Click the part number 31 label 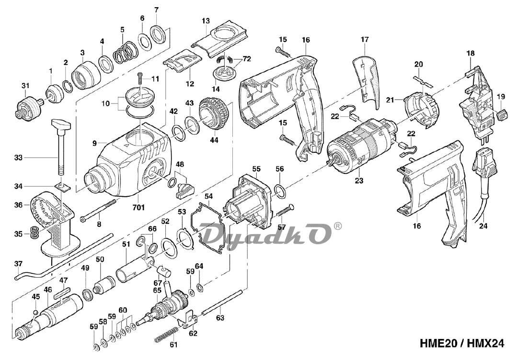(x=25, y=86)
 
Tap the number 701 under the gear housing (x=139, y=207)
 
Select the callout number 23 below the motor (x=359, y=180)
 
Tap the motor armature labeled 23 (x=359, y=144)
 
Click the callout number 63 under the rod (x=219, y=317)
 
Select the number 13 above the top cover (x=206, y=21)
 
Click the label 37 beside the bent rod (x=18, y=264)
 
